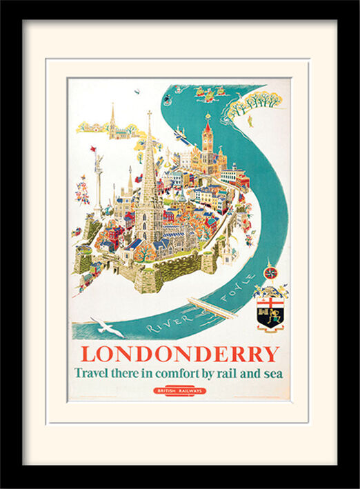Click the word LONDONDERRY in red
(179, 354)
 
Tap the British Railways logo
(179, 391)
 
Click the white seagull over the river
(106, 327)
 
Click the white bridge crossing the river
(212, 308)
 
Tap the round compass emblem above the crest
(270, 272)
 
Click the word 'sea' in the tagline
(272, 374)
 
